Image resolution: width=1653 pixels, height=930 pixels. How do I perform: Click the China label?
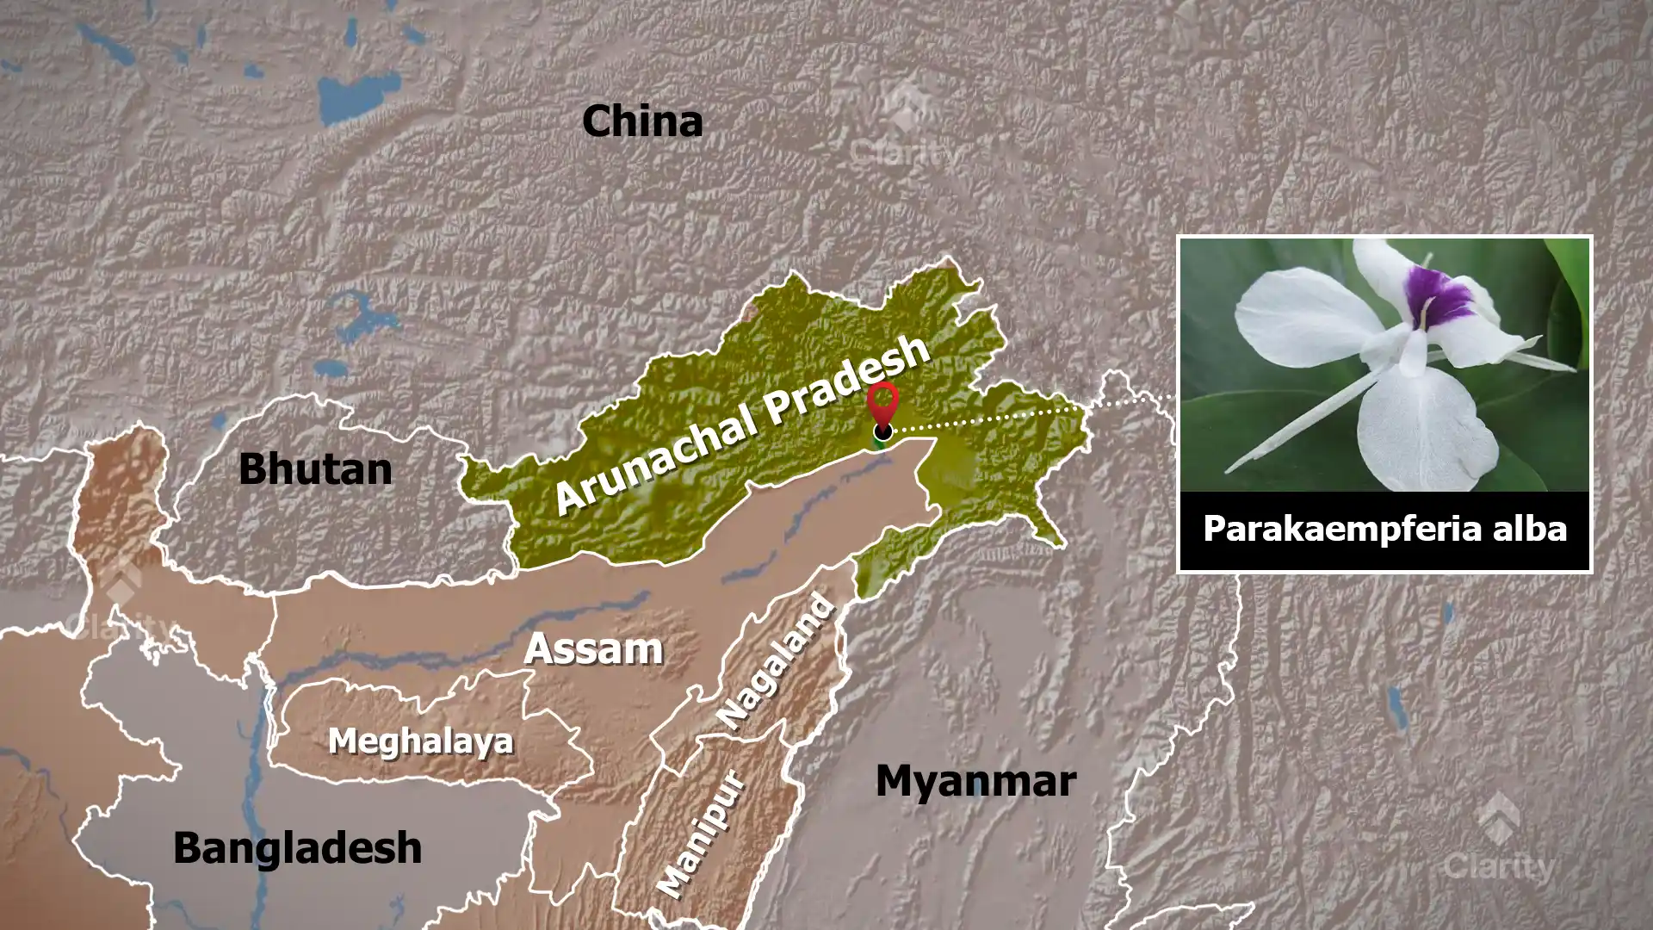click(x=642, y=121)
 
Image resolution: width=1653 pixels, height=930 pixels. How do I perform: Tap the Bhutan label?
click(x=315, y=469)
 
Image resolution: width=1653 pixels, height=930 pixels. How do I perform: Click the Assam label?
click(x=594, y=648)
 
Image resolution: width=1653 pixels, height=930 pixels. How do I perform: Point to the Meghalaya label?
click(x=420, y=741)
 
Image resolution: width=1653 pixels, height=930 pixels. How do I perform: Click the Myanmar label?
click(x=975, y=781)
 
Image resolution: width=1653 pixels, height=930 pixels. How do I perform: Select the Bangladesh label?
click(x=298, y=848)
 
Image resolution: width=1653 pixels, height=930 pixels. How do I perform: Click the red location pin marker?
click(x=882, y=405)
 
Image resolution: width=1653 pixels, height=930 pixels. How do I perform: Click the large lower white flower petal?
click(x=1416, y=431)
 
